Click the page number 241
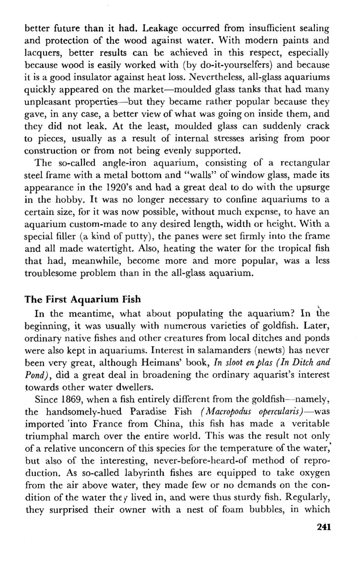pos(323,528)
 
